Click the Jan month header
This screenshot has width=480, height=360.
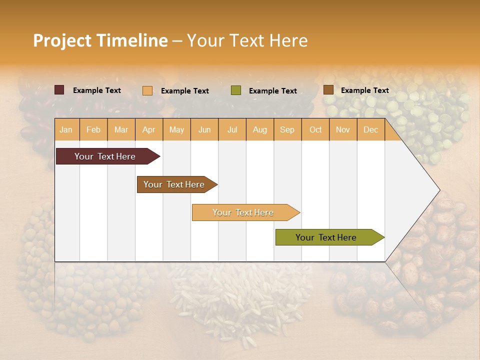pyautogui.click(x=66, y=129)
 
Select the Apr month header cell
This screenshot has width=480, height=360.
pyautogui.click(x=149, y=129)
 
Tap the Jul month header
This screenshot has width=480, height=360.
pyautogui.click(x=232, y=129)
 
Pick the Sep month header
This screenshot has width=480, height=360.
pyautogui.click(x=287, y=129)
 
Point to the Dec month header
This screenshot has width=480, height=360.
pyautogui.click(x=370, y=129)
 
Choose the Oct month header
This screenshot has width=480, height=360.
pyautogui.click(x=315, y=129)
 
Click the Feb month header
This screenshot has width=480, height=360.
pyautogui.click(x=93, y=129)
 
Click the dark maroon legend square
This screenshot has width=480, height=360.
pyautogui.click(x=59, y=90)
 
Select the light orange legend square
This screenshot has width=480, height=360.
pyautogui.click(x=147, y=90)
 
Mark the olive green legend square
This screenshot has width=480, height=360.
pyautogui.click(x=236, y=90)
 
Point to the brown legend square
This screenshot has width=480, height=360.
pyautogui.click(x=328, y=90)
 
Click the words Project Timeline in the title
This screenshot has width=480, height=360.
pyautogui.click(x=100, y=40)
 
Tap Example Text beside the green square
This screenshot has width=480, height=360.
pyautogui.click(x=272, y=91)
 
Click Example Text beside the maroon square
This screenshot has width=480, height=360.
pyautogui.click(x=96, y=90)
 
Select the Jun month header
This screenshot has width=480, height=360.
pyautogui.click(x=204, y=129)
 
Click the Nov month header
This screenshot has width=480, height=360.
pyautogui.click(x=343, y=129)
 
